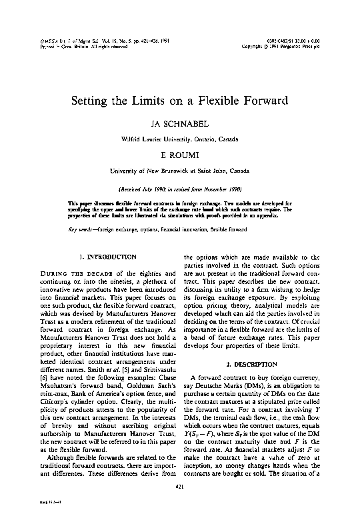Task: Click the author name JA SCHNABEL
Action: [x=180, y=124]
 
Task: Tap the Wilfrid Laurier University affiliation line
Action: [x=180, y=139]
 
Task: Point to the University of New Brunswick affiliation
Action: [x=180, y=171]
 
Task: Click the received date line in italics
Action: [x=180, y=189]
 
